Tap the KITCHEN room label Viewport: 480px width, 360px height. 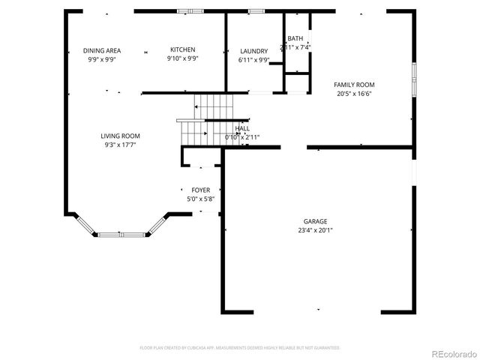click(x=182, y=50)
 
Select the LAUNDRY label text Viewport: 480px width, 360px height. click(x=253, y=51)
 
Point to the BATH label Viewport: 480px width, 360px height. click(x=295, y=39)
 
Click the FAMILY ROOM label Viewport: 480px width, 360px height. click(x=354, y=85)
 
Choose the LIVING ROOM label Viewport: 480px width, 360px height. click(x=121, y=136)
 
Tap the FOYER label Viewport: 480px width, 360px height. click(x=200, y=190)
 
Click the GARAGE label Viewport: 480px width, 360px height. click(x=315, y=221)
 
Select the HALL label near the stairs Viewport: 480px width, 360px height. click(x=243, y=129)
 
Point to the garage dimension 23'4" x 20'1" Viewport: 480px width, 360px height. click(x=315, y=230)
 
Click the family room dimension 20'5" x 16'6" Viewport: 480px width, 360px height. click(x=354, y=94)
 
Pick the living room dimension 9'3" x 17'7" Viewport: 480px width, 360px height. click(x=121, y=145)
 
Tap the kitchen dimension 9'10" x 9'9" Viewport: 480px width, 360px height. click(x=182, y=59)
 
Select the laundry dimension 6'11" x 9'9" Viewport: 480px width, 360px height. click(x=253, y=60)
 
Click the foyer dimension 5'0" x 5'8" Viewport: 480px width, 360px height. click(x=200, y=199)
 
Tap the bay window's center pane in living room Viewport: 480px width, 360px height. click(x=121, y=234)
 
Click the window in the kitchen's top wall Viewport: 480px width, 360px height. click(x=182, y=10)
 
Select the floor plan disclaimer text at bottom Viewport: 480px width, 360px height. click(x=240, y=348)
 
